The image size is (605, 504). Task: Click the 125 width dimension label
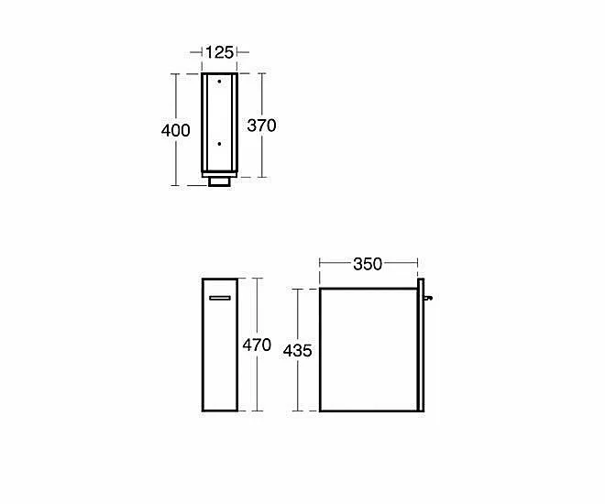point(220,52)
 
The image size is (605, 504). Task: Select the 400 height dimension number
point(176,130)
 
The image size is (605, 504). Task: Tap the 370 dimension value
point(261,126)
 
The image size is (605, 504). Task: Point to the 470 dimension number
point(257,345)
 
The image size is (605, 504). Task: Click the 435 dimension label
point(298,351)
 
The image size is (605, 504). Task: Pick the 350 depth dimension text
point(368,264)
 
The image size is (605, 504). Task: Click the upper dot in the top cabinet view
point(219,82)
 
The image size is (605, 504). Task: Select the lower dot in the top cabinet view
point(219,144)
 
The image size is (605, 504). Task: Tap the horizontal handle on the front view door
point(220,298)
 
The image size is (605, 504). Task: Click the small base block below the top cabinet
point(220,181)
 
